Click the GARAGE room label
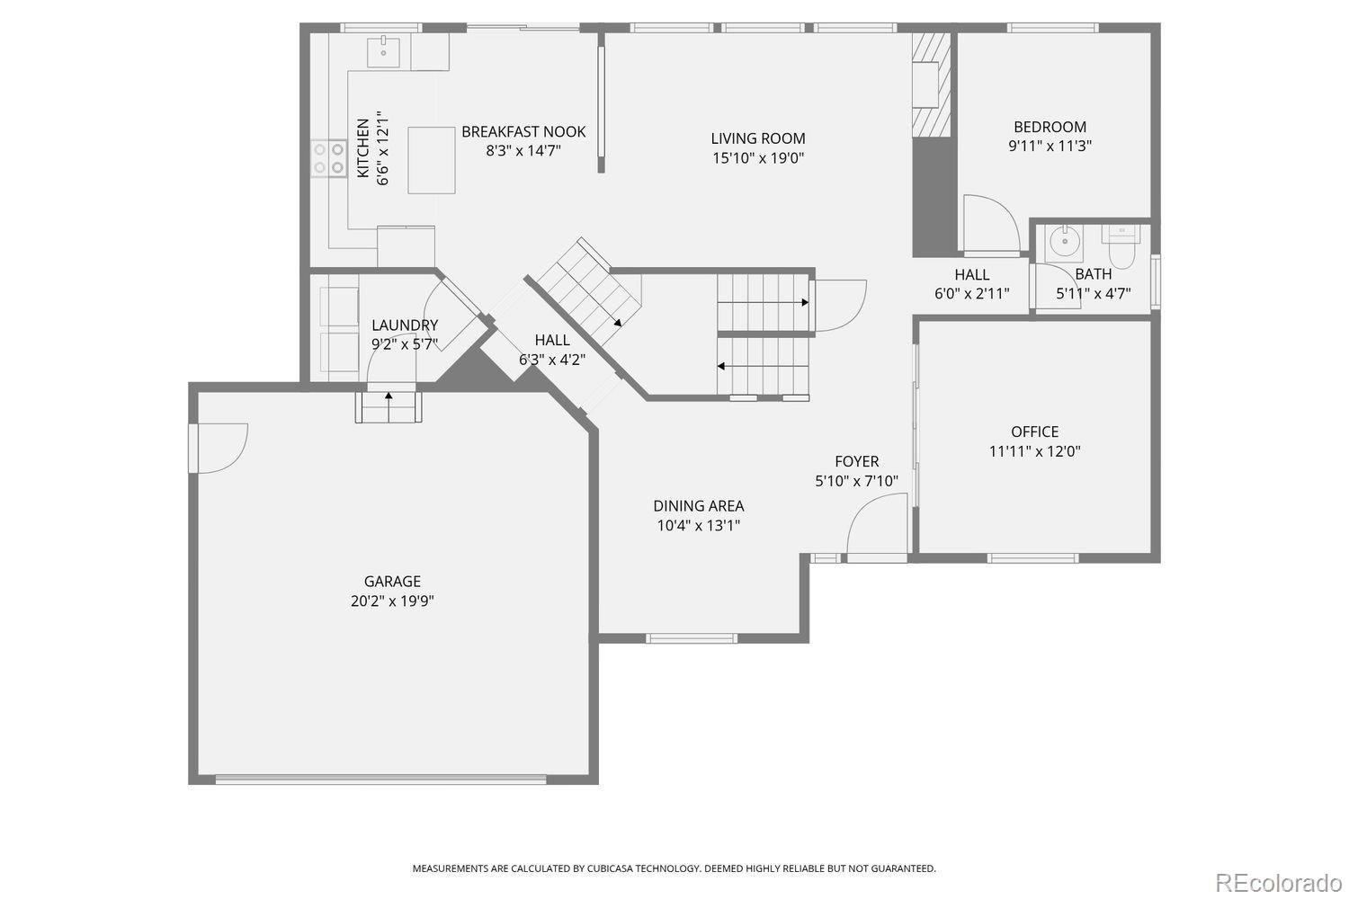(x=392, y=581)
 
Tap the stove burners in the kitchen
(x=328, y=158)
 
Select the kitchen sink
(x=383, y=52)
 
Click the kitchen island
(x=431, y=160)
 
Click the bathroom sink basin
(x=1065, y=241)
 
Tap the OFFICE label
(x=1034, y=432)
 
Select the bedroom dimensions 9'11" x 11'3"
(x=1050, y=147)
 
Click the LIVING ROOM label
(x=757, y=138)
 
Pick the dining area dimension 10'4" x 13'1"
(x=698, y=526)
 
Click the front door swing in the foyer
(x=877, y=523)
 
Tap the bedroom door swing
(x=991, y=222)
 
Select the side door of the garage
(x=218, y=449)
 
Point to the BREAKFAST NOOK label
(x=523, y=132)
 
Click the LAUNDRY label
(x=405, y=325)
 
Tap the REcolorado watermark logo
(x=1279, y=883)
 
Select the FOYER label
(x=856, y=461)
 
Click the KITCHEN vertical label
(x=363, y=148)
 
